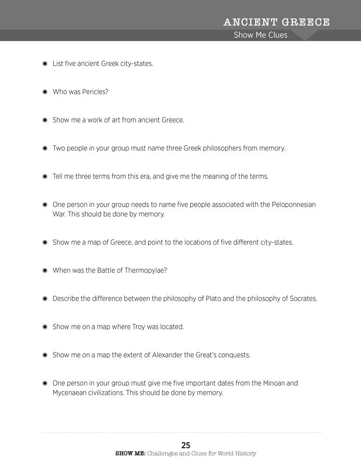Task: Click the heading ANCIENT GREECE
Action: [276, 22]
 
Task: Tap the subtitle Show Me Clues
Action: [261, 35]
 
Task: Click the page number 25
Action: [186, 445]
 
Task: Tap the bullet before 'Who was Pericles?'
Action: [45, 92]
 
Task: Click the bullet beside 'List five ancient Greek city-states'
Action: [45, 64]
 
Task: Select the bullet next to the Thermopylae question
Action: [45, 271]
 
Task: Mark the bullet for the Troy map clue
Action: [45, 327]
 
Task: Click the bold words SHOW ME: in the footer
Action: [130, 454]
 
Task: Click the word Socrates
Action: [299, 299]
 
